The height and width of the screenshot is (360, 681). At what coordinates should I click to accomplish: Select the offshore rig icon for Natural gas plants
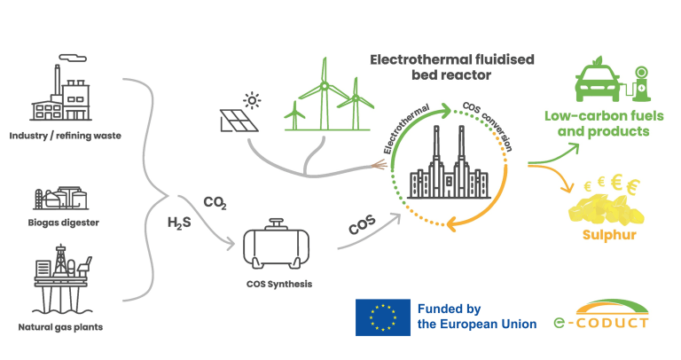tap(62, 282)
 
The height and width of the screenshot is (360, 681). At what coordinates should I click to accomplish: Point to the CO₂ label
tap(215, 204)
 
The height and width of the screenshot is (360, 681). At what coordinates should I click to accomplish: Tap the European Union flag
tap(383, 317)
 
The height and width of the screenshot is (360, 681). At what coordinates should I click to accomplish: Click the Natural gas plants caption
tap(61, 327)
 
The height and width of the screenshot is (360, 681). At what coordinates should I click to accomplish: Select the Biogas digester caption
tap(62, 223)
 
